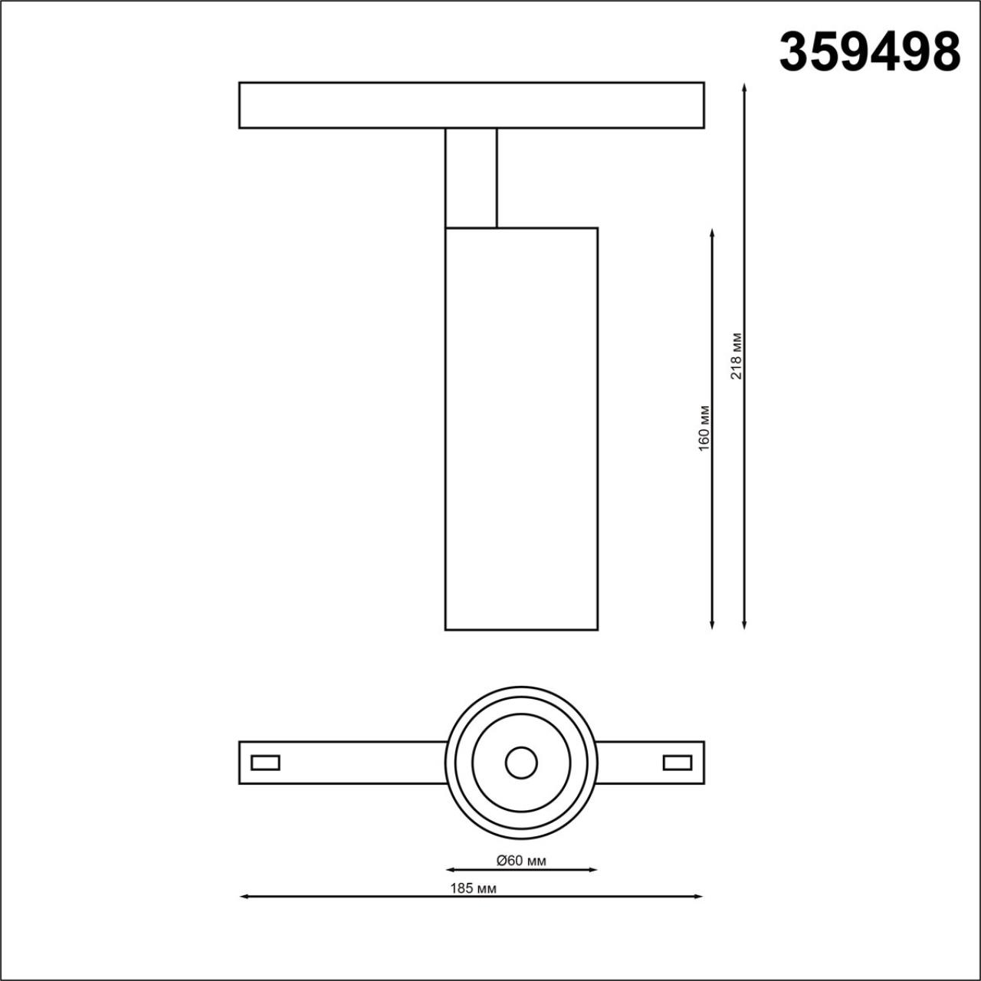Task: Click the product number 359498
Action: click(x=869, y=52)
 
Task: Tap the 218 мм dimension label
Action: click(x=737, y=356)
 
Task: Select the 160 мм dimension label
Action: click(x=705, y=428)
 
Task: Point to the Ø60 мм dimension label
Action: click(x=521, y=861)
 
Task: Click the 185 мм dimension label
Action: click(x=473, y=888)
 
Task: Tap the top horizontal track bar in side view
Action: click(x=471, y=105)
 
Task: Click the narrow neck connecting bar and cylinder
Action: click(x=471, y=178)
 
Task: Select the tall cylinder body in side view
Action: click(x=521, y=428)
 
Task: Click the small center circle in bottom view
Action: click(x=521, y=763)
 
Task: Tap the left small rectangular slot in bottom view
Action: click(x=265, y=763)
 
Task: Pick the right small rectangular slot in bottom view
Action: click(x=678, y=763)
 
